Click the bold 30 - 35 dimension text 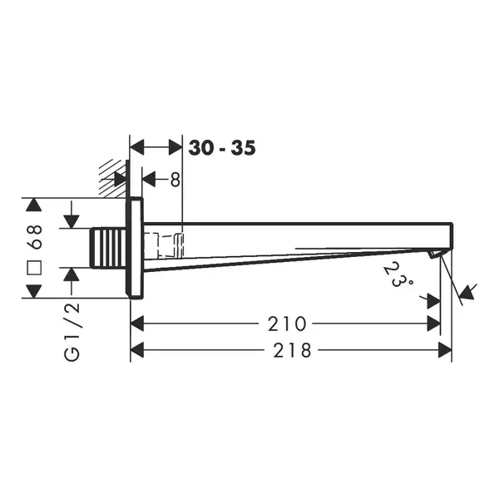[222, 148]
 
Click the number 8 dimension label [175, 180]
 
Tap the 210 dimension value [287, 324]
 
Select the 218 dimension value [292, 350]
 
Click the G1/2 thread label [72, 332]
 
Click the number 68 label [34, 236]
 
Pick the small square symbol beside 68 [34, 268]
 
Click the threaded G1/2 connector [108, 248]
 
